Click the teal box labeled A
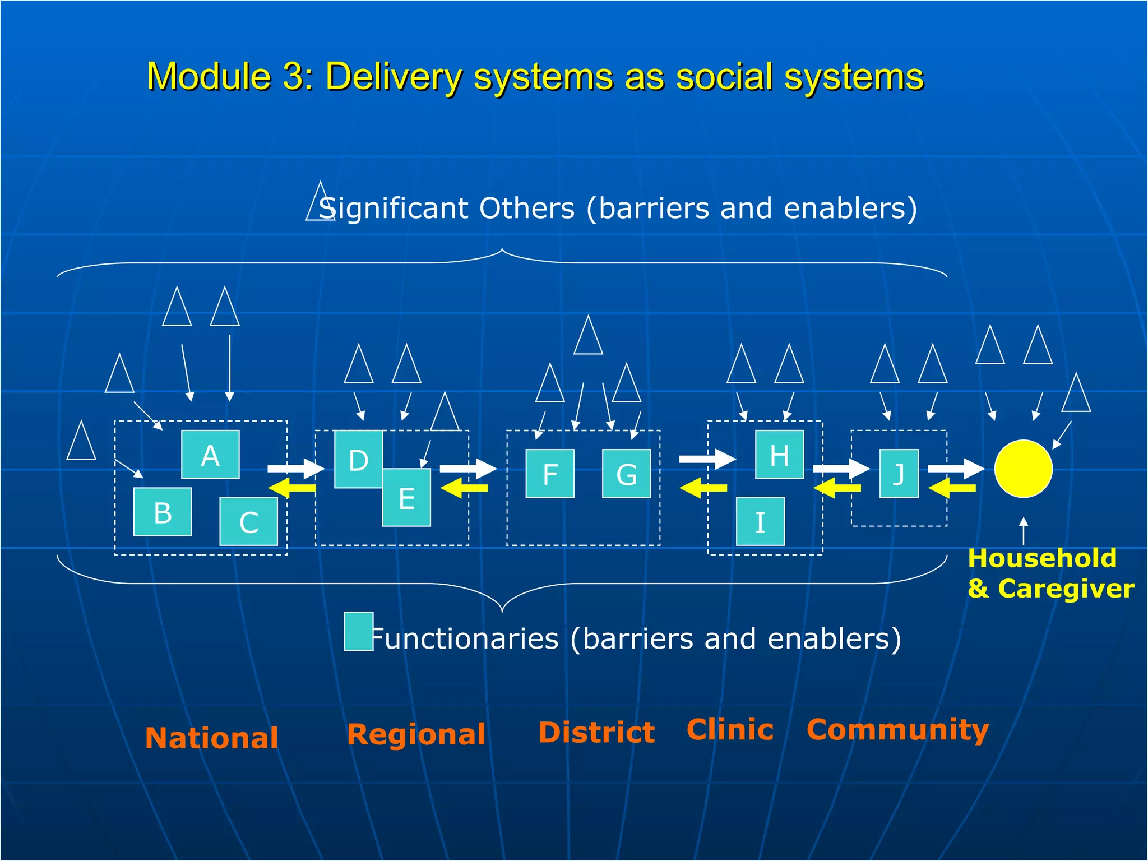(x=210, y=455)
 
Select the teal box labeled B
(x=163, y=512)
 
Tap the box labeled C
(x=248, y=521)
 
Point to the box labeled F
(x=550, y=474)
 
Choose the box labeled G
(x=626, y=474)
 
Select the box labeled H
(x=779, y=455)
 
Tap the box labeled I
(x=760, y=521)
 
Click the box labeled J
(x=899, y=474)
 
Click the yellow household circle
(x=1023, y=469)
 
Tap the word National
(x=212, y=738)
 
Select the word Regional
(x=416, y=734)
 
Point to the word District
(x=596, y=732)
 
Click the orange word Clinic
(x=730, y=729)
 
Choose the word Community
(x=897, y=729)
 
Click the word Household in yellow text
(x=1042, y=558)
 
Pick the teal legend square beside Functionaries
(x=359, y=631)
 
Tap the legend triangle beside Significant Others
(x=320, y=203)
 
